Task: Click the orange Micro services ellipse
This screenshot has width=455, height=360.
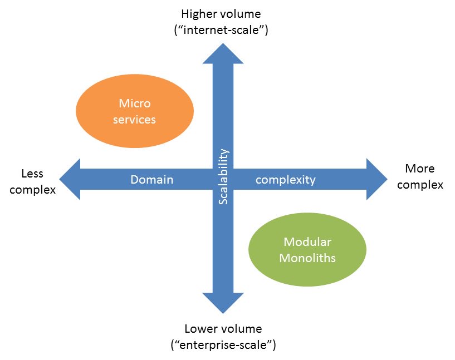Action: coord(134,111)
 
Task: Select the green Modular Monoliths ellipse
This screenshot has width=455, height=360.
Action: coord(307,249)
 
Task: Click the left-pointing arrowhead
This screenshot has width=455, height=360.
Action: coord(71,179)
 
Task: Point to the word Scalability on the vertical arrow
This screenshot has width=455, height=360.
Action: coord(223,176)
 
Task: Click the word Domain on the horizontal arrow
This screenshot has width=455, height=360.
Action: coord(151,180)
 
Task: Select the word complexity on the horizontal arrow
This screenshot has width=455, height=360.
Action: coord(286,180)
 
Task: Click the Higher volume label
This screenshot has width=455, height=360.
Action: coord(221,13)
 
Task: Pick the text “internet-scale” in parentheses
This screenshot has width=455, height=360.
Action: coord(221,30)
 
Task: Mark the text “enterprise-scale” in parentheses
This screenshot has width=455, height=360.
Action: coord(223,345)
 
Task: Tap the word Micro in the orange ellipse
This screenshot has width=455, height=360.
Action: coord(135,103)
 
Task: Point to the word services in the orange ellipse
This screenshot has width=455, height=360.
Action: coord(135,119)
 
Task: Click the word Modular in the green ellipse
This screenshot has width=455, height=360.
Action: coord(307,242)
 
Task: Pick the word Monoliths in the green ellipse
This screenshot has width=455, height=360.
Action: coord(307,258)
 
